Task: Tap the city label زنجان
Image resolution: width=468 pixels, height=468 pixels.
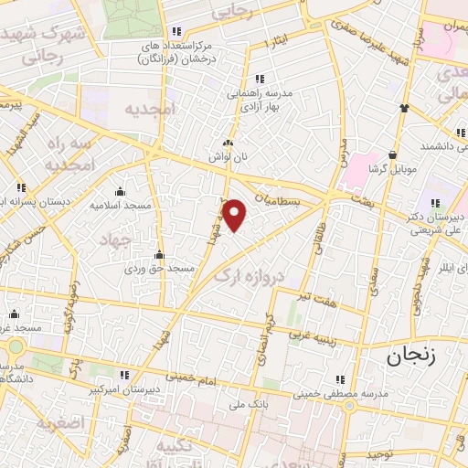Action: [419, 356]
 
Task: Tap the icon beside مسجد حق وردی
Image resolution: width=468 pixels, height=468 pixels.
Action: [160, 254]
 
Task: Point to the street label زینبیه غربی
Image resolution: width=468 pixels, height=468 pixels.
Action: [312, 335]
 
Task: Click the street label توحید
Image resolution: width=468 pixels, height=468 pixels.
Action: [383, 453]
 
